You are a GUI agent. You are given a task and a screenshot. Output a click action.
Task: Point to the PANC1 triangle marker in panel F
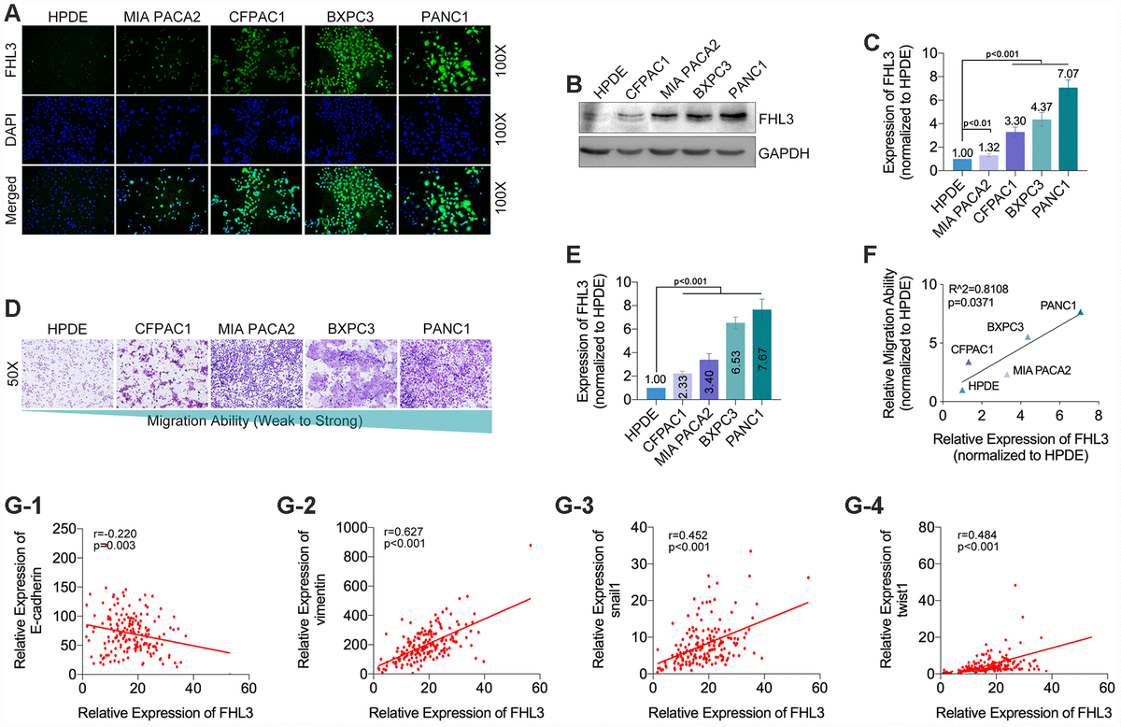click(1080, 312)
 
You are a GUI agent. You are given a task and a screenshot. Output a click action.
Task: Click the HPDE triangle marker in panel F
click(963, 390)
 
